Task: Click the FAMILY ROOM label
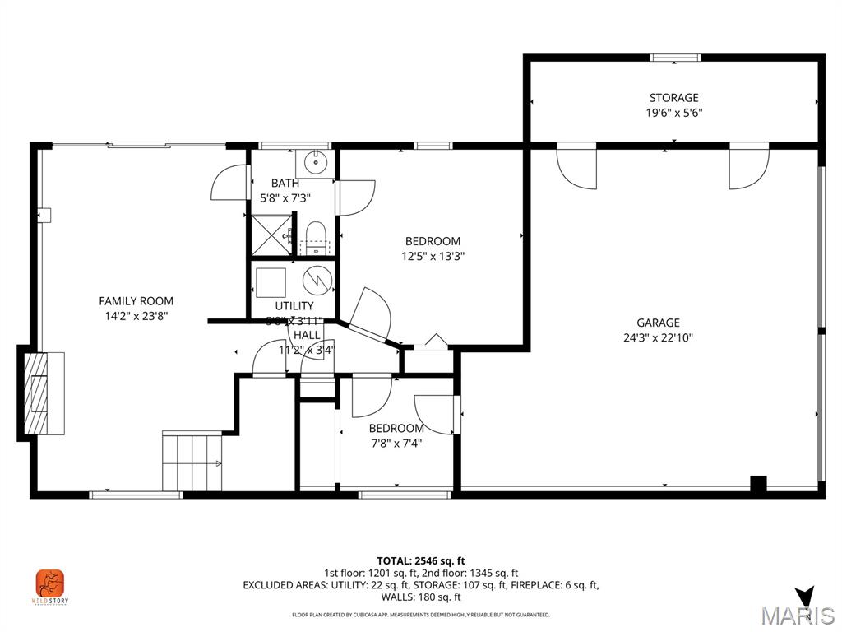coord(136,301)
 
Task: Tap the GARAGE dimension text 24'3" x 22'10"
coord(658,337)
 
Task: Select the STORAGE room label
coord(673,98)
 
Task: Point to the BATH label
coord(285,184)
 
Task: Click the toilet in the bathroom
coord(315,235)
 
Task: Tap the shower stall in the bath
coord(271,235)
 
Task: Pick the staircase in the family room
coord(192,461)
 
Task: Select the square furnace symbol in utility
coord(271,282)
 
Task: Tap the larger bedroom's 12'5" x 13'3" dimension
coord(433,256)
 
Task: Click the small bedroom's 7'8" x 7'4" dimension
coord(396,444)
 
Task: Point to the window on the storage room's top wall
coord(675,58)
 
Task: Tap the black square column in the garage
coord(758,484)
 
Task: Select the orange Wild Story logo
coord(50,584)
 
